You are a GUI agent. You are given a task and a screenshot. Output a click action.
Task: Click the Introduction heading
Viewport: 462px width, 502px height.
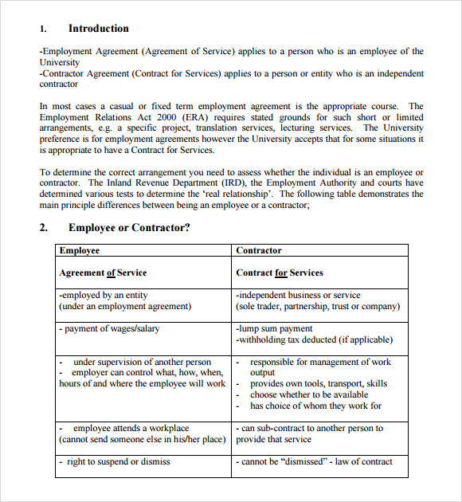pyautogui.click(x=98, y=29)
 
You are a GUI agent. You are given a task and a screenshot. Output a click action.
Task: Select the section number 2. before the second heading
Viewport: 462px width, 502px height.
pyautogui.click(x=44, y=228)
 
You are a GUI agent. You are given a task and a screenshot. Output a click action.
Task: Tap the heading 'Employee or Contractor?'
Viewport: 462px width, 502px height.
pyautogui.click(x=129, y=228)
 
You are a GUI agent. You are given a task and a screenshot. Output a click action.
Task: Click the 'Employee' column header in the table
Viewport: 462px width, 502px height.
pyautogui.click(x=79, y=250)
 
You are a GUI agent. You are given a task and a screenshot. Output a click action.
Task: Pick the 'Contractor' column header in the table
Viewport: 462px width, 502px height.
pyautogui.click(x=259, y=250)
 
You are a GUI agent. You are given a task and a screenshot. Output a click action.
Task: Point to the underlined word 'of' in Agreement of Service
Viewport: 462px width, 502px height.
pyautogui.click(x=111, y=273)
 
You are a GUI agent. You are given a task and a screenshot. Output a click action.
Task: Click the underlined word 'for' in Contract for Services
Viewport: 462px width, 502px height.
pyautogui.click(x=281, y=273)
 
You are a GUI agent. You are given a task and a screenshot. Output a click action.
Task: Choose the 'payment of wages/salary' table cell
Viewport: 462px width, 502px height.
pyautogui.click(x=109, y=328)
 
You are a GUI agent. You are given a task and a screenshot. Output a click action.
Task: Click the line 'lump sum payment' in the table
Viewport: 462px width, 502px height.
pyautogui.click(x=274, y=328)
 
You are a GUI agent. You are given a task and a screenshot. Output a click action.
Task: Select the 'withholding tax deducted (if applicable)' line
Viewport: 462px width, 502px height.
pyautogui.click(x=314, y=339)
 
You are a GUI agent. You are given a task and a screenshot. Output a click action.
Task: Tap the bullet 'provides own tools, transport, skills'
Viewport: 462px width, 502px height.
pyautogui.click(x=318, y=383)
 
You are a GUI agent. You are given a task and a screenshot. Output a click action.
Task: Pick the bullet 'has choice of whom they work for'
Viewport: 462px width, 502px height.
pyautogui.click(x=315, y=406)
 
